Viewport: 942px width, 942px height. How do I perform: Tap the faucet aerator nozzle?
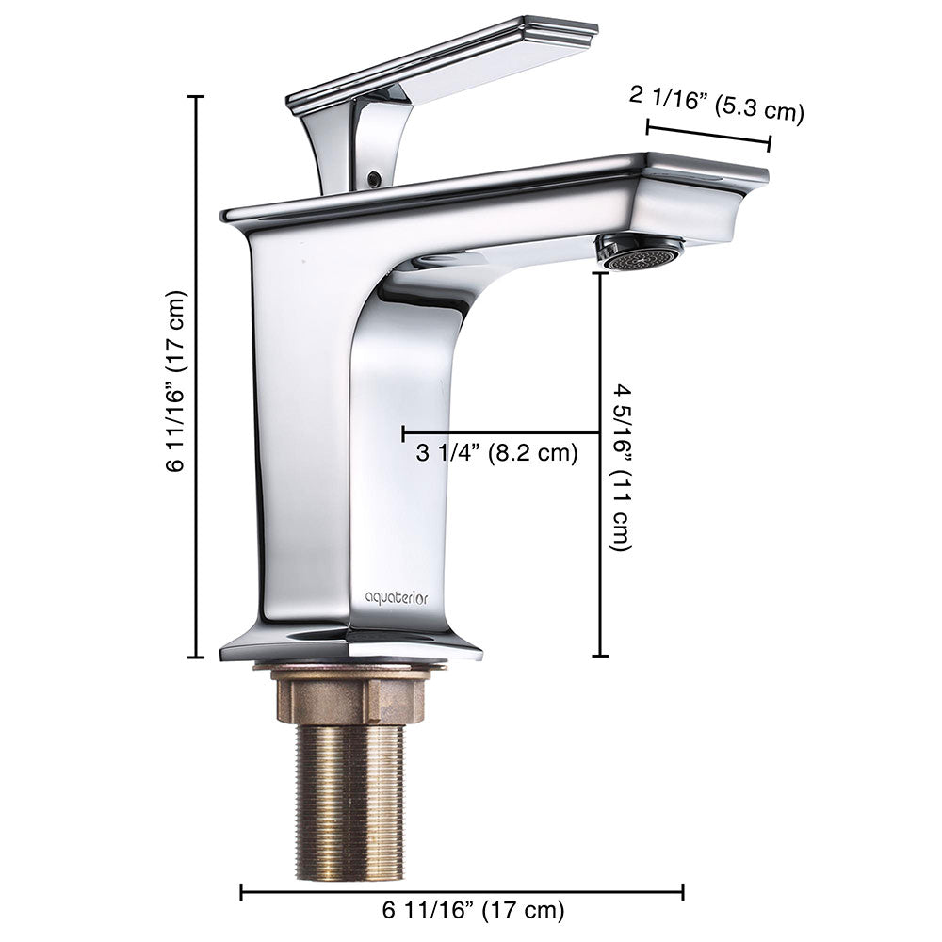pos(641,253)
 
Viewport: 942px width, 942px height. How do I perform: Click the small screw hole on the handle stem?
pos(374,176)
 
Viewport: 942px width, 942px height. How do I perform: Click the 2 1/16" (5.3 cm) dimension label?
pos(716,103)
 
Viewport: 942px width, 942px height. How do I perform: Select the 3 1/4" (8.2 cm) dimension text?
pos(496,453)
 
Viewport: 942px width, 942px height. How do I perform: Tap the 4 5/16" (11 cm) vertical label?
pos(623,466)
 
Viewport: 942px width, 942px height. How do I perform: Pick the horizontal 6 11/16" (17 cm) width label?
pos(474,911)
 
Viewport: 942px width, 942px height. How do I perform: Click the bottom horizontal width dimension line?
pos(462,891)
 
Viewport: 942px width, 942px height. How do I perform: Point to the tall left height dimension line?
pos(197,377)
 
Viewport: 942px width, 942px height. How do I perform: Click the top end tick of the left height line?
pos(197,97)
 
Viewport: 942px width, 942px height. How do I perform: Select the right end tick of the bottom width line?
pos(683,891)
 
